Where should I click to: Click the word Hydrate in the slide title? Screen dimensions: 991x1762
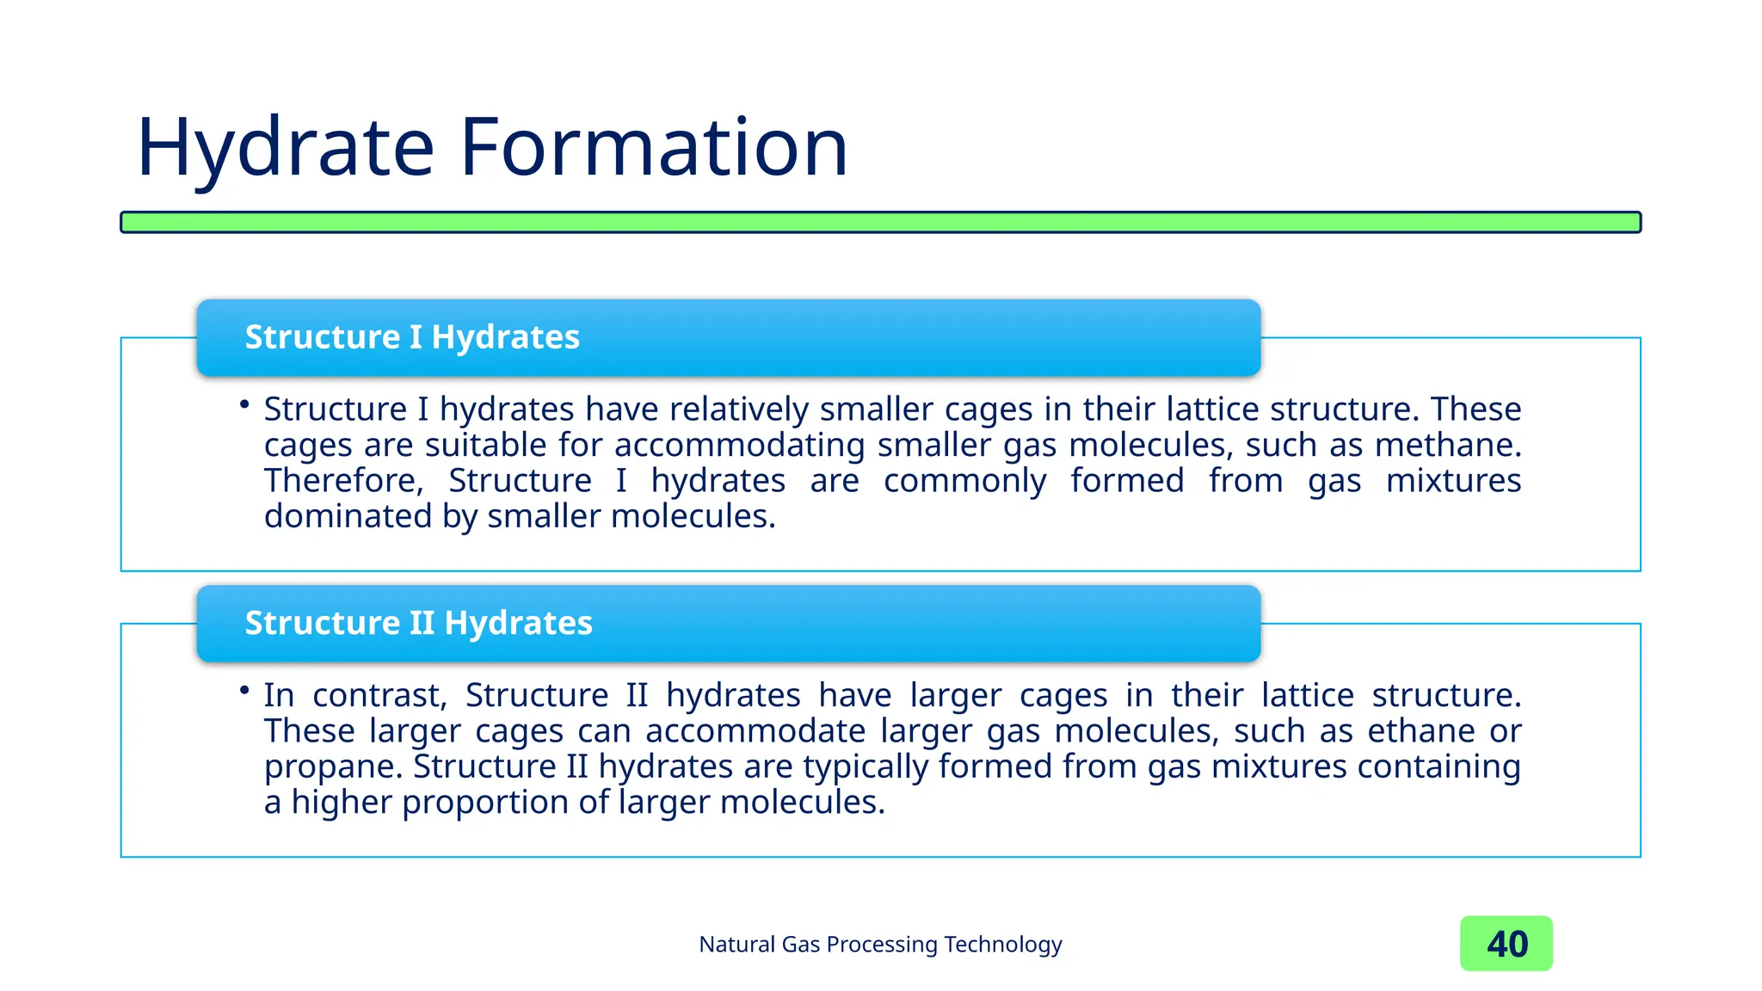[286, 148]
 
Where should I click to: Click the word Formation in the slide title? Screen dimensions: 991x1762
[654, 148]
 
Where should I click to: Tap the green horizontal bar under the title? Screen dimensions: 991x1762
[880, 222]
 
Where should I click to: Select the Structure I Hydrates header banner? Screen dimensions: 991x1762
[728, 337]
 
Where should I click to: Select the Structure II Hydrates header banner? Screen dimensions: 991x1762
[728, 623]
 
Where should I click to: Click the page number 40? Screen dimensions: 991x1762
[1506, 944]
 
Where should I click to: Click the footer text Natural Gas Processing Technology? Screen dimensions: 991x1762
[880, 945]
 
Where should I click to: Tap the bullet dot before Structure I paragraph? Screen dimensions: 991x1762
[245, 403]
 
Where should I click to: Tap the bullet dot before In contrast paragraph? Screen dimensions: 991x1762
[245, 690]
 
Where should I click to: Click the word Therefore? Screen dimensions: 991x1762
[343, 481]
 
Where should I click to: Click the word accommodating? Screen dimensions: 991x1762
[739, 446]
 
